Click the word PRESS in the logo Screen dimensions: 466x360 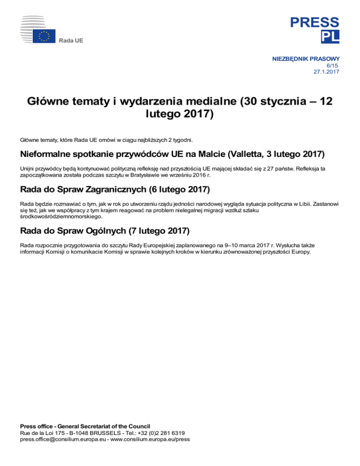[x=314, y=22]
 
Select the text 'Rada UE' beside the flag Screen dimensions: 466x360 [x=71, y=41]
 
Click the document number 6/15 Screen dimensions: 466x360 [x=332, y=65]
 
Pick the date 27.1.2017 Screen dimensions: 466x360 [x=326, y=72]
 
